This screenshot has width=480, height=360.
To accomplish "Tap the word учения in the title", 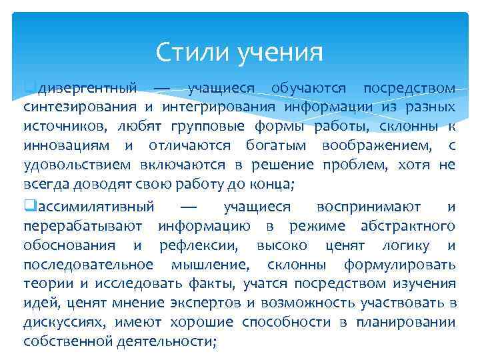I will [x=281, y=51].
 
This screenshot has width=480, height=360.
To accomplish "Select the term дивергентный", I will [x=88, y=89].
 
